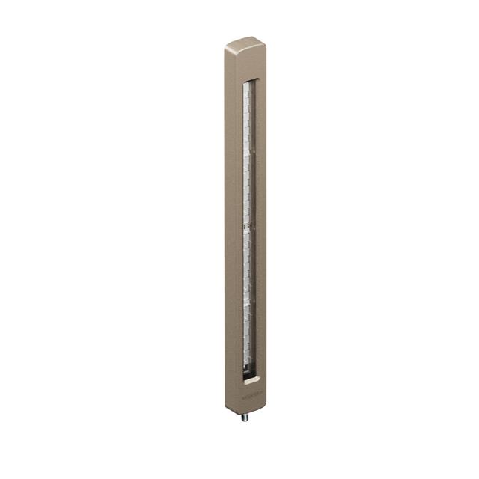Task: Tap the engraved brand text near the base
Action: point(252,391)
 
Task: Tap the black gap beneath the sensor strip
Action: point(248,370)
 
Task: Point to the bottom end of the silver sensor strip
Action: point(248,362)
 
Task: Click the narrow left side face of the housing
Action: point(227,225)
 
